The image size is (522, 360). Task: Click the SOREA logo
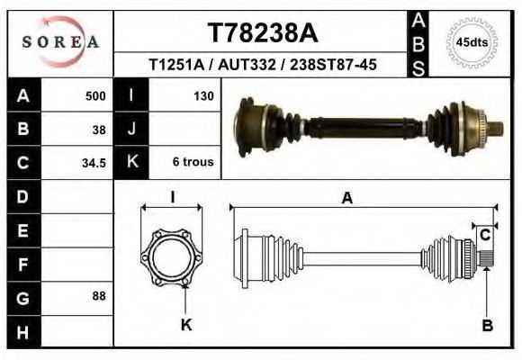pos(60,42)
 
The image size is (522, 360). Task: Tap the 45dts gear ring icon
pos(472,42)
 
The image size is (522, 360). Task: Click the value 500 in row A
pos(95,94)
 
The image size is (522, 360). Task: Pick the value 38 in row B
pos(100,129)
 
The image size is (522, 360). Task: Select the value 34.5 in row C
pos(95,163)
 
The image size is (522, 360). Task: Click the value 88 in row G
pos(100,295)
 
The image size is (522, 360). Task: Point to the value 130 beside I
pos(202,94)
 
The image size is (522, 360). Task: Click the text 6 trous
pos(193,163)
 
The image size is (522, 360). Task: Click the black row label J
pos(131,129)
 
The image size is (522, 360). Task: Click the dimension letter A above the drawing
pos(346,199)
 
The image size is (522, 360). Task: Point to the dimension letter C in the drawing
pos(485,236)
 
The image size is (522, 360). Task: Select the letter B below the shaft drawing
pos(487,326)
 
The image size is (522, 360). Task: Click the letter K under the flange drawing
pos(186,326)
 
